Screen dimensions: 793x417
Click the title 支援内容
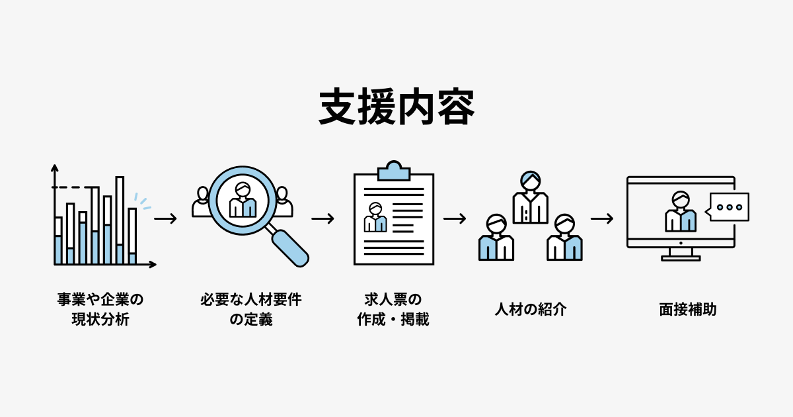coord(397,107)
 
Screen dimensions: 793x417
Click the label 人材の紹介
coord(531,309)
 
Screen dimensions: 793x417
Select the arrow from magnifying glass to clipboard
coord(322,218)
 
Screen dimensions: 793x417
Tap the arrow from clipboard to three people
coord(455,218)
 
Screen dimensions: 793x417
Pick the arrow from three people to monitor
coord(601,218)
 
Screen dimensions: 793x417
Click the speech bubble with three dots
coord(729,207)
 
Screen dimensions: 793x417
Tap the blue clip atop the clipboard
coord(393,171)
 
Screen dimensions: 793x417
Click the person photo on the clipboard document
coord(375,218)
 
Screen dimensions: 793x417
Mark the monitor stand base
coord(681,257)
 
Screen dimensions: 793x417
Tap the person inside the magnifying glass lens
coord(242,201)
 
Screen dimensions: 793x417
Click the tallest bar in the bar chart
coord(120,220)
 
